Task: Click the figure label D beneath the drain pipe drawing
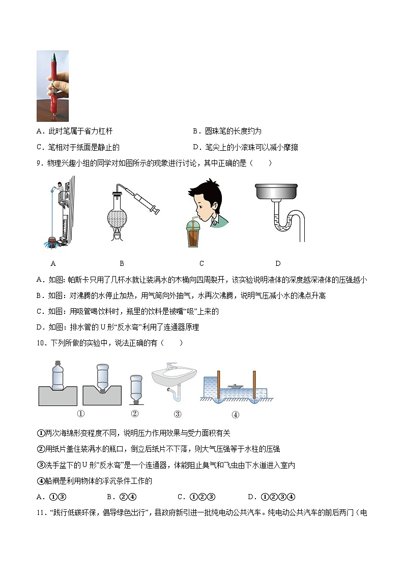278,263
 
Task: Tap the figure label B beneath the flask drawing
122,263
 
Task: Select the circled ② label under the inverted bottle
135,413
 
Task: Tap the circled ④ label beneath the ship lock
235,414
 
